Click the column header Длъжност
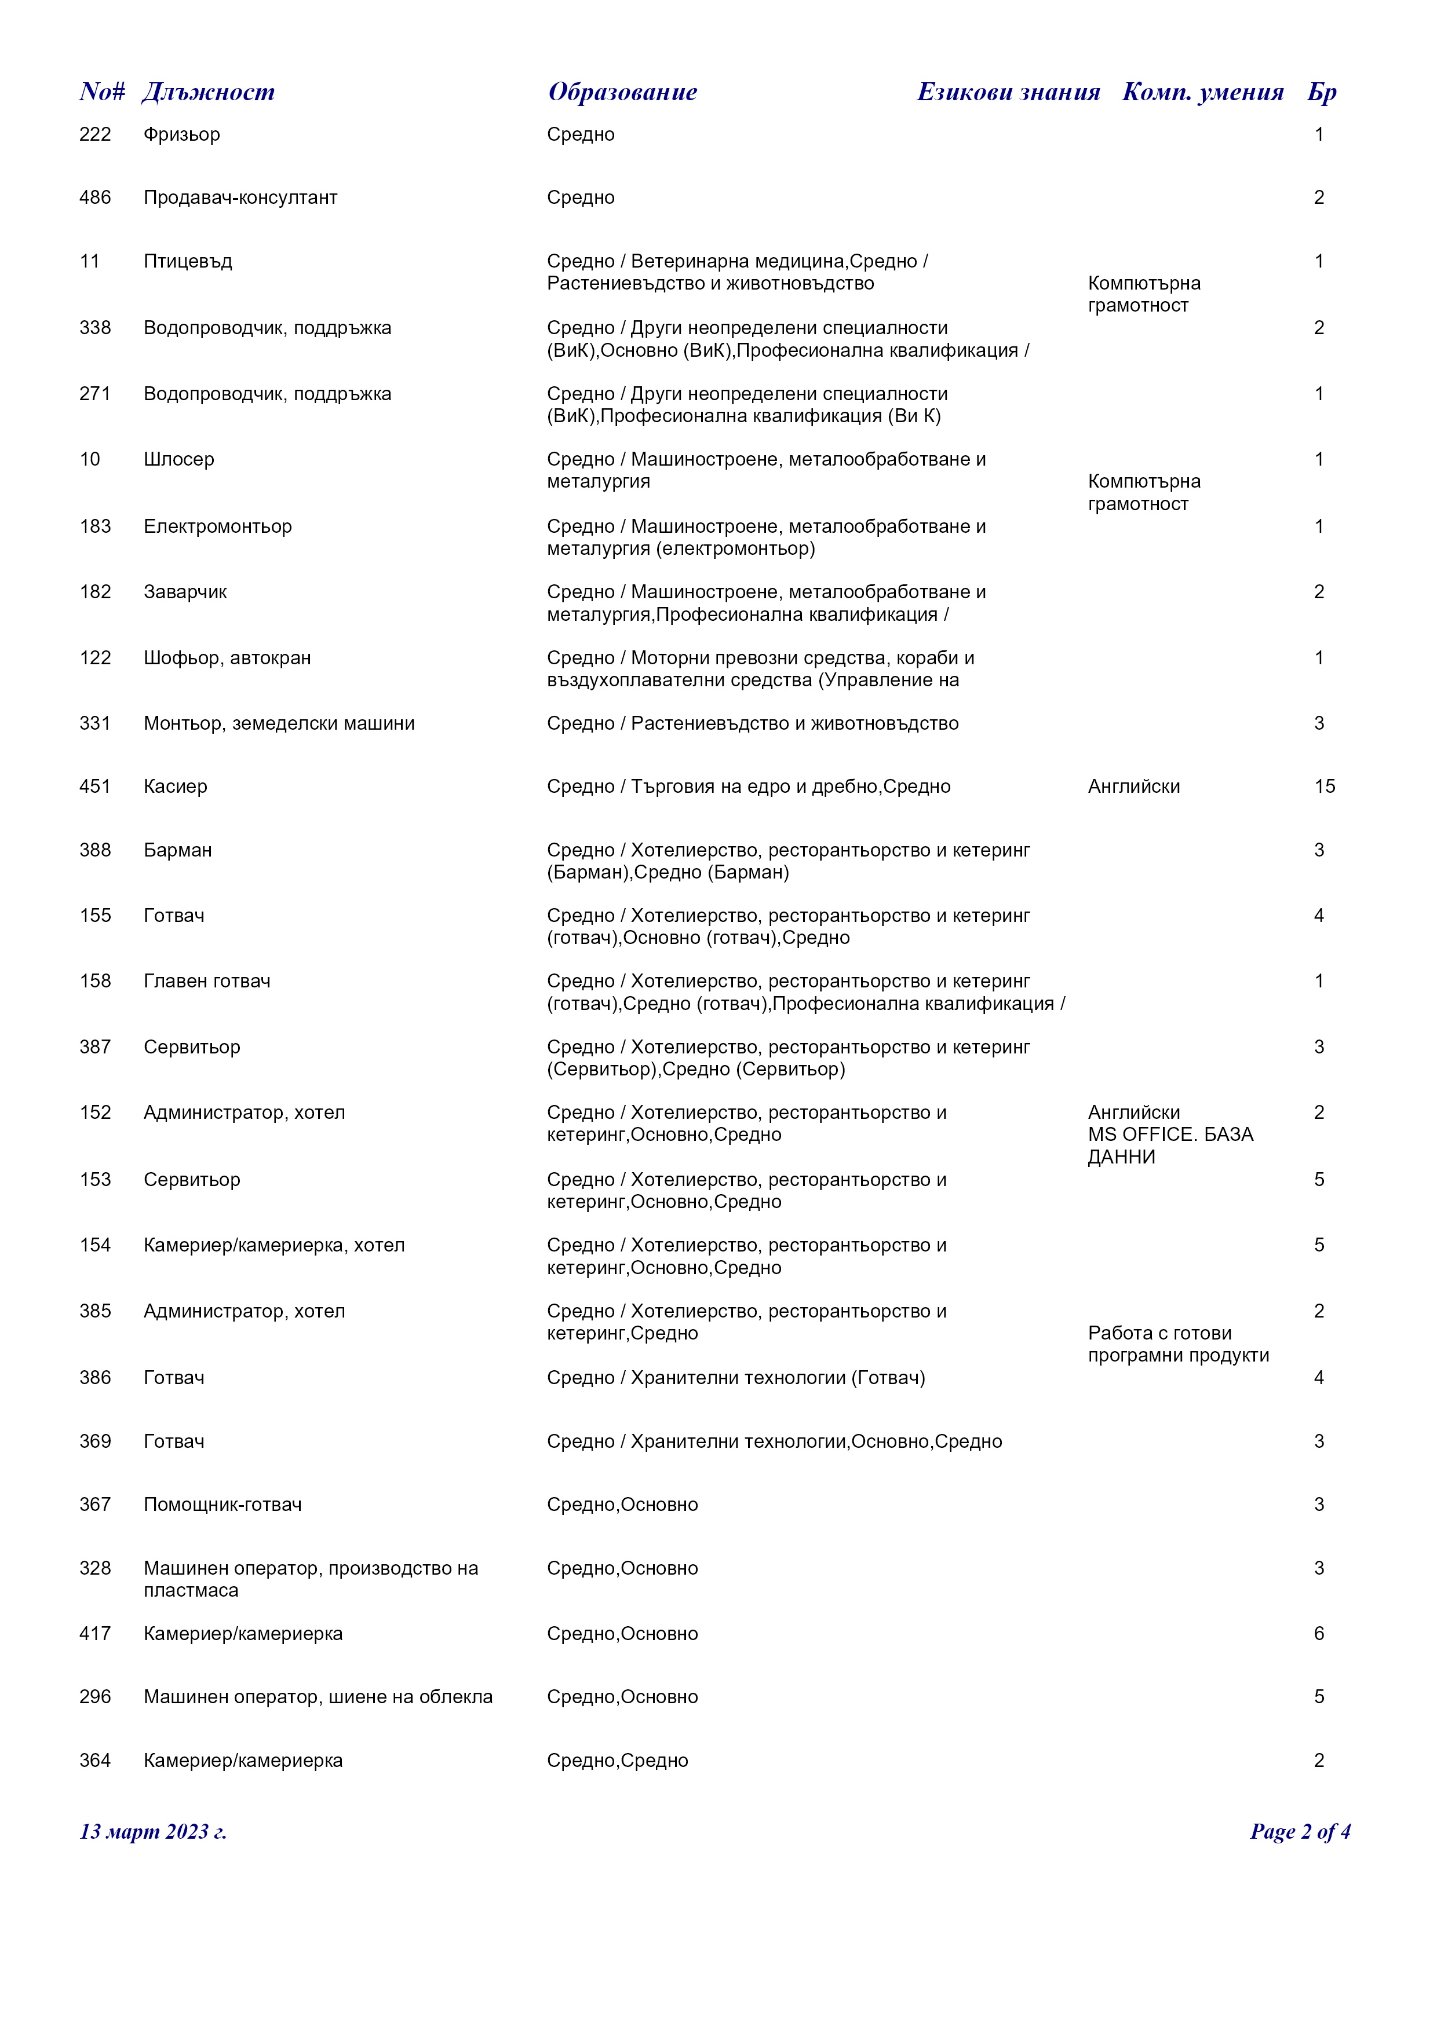click(x=208, y=92)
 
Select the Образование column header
click(x=622, y=92)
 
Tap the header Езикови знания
click(x=1008, y=92)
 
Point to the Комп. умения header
click(x=1202, y=92)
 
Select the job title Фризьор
click(x=181, y=134)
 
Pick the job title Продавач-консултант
click(x=240, y=198)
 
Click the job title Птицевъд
click(x=188, y=262)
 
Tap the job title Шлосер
click(x=178, y=460)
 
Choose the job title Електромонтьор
click(x=218, y=527)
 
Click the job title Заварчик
click(x=185, y=592)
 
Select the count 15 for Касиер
click(x=1324, y=787)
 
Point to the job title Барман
click(x=178, y=851)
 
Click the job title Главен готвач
click(x=207, y=982)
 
